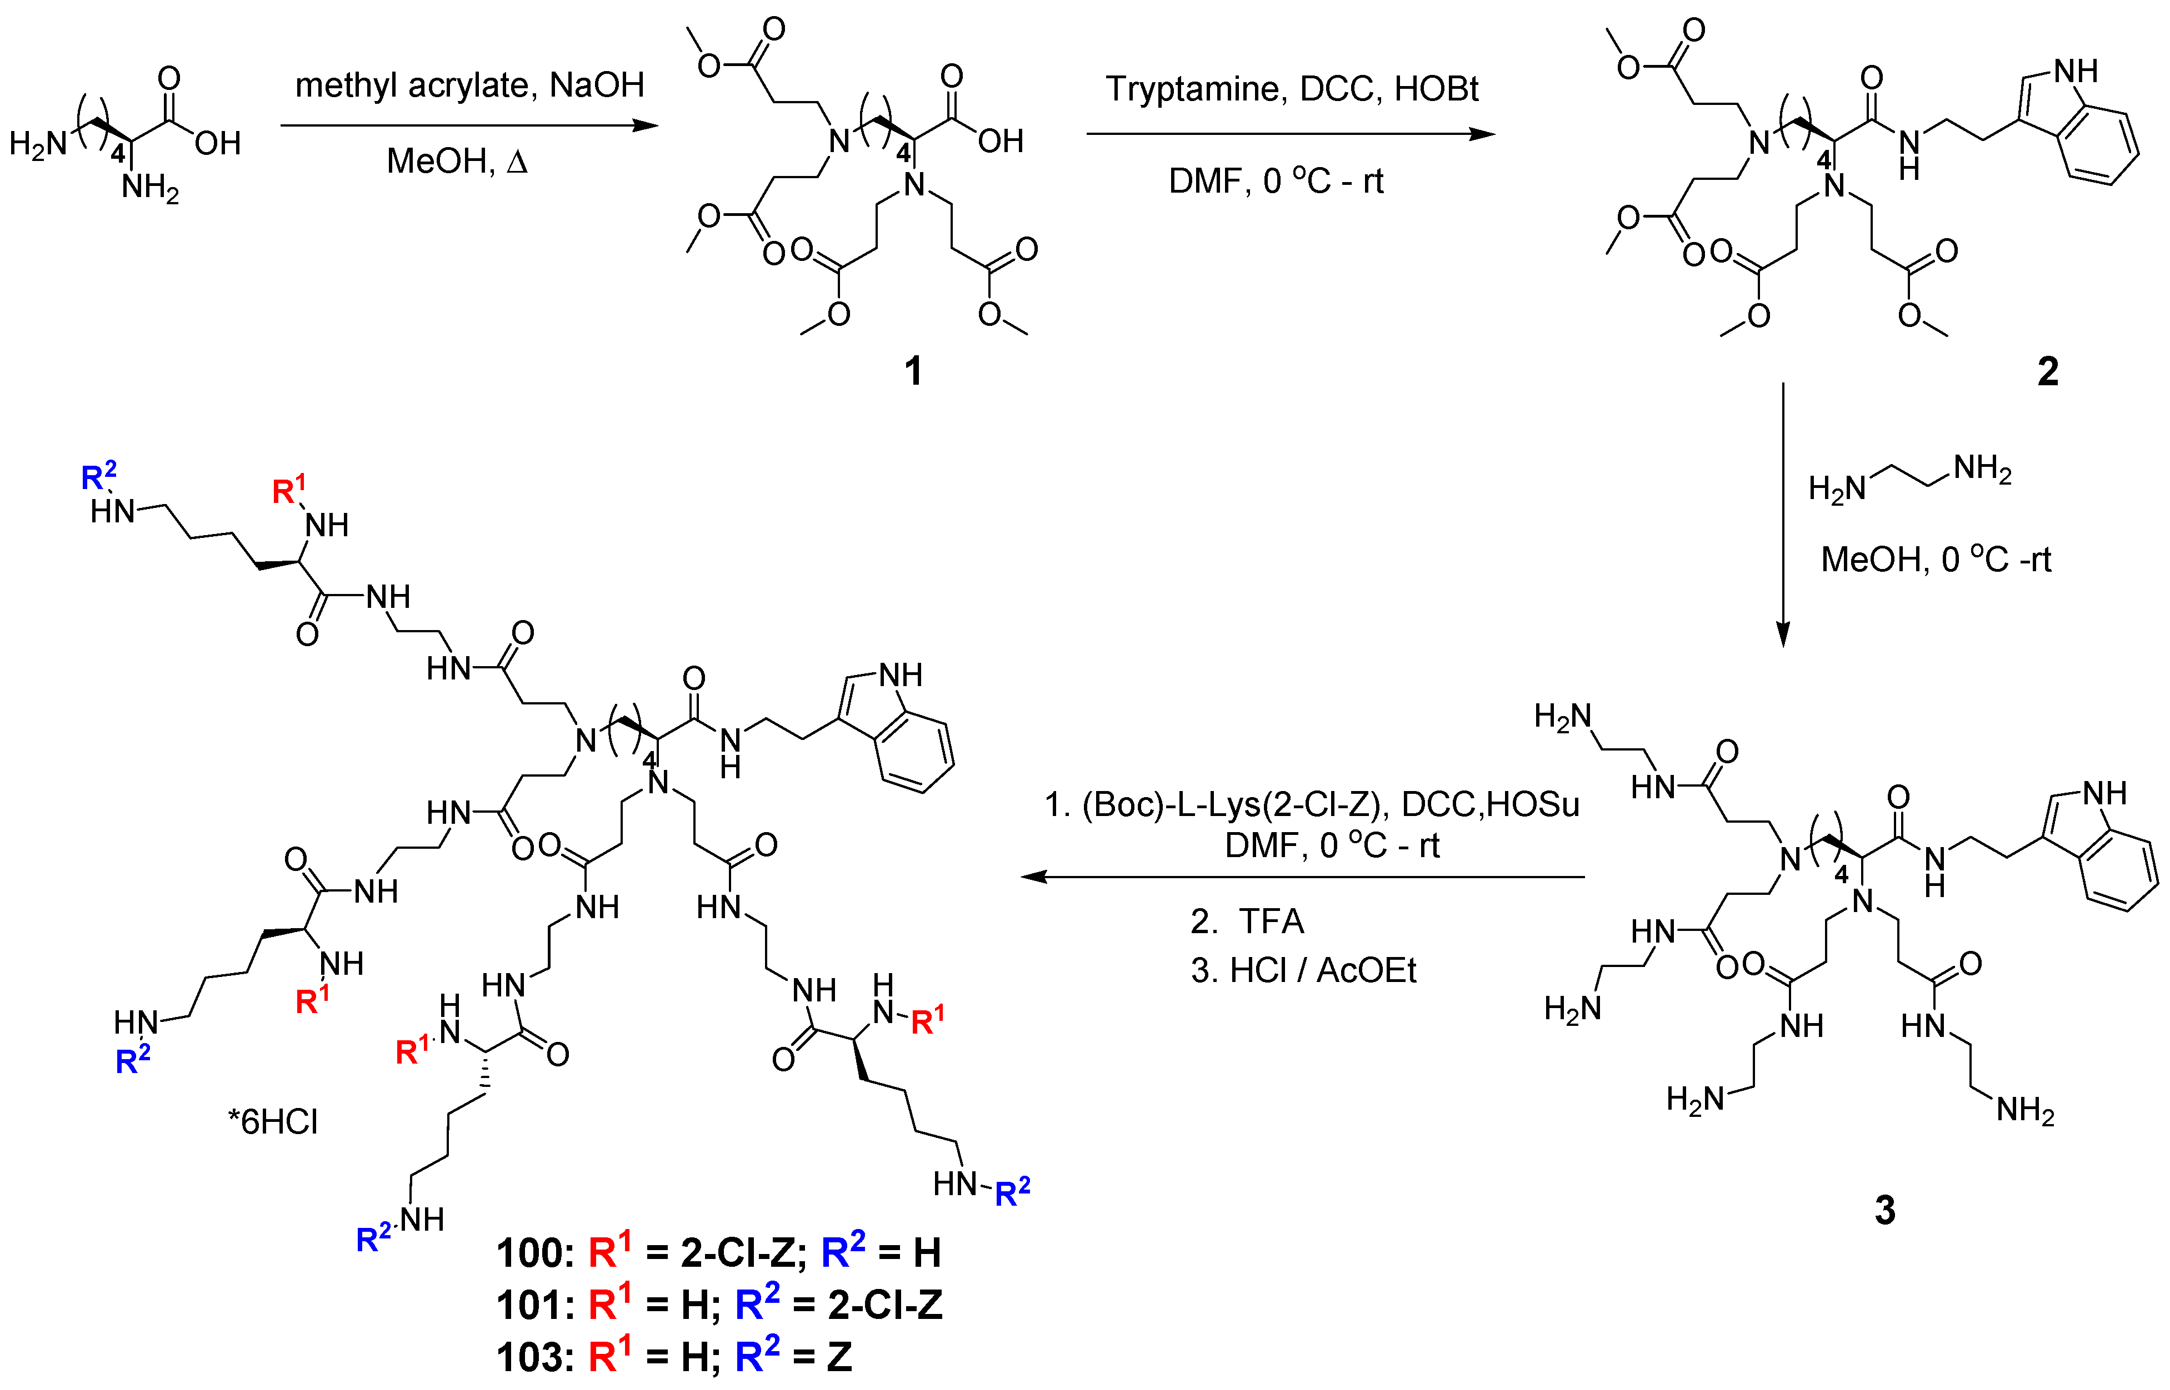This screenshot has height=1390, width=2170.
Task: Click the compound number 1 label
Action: tap(913, 371)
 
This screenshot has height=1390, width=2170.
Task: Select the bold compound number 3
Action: tap(1884, 1210)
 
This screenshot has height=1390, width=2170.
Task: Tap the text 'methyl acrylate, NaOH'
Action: tap(469, 85)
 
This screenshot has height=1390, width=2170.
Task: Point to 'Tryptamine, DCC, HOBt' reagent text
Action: tap(1291, 88)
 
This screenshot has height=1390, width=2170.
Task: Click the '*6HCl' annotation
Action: tap(273, 1122)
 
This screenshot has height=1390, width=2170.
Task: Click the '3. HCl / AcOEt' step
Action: tap(1303, 970)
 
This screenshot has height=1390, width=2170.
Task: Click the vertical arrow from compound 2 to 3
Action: tap(1783, 515)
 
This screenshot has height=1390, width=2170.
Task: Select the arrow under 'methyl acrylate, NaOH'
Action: tap(469, 125)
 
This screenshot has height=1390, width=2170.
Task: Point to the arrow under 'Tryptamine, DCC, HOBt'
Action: tap(1291, 134)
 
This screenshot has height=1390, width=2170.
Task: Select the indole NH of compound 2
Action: tap(2075, 71)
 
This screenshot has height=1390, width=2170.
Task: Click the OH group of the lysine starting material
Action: tap(218, 143)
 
